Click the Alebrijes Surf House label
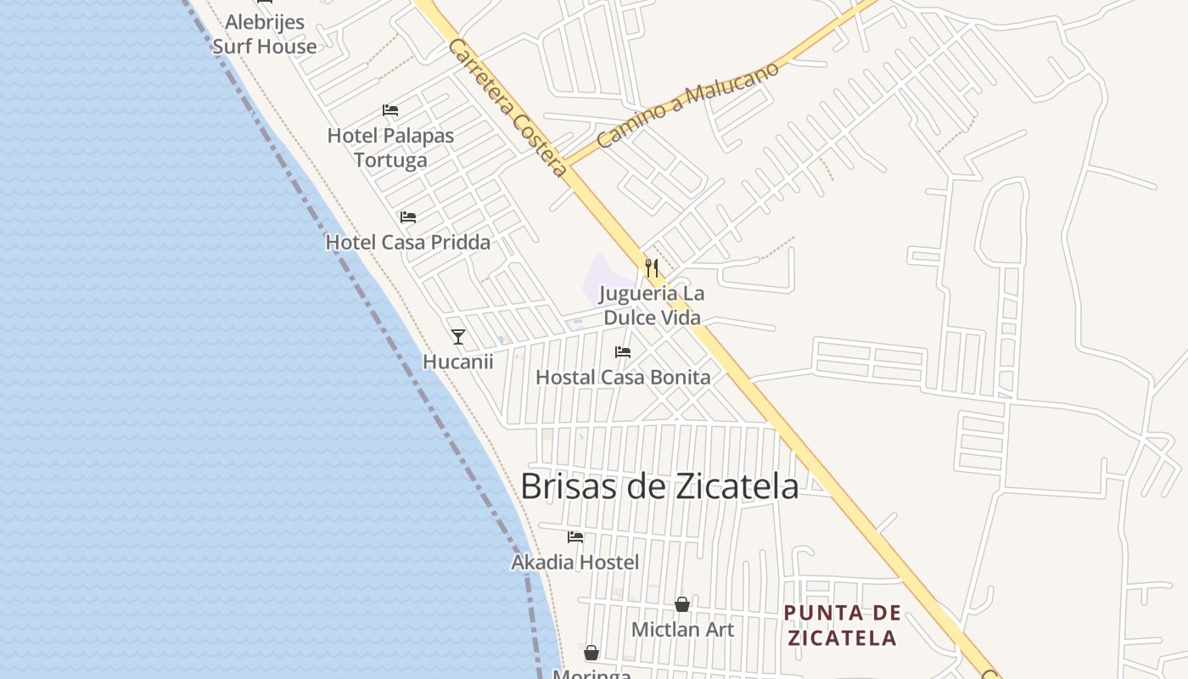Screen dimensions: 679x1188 pyautogui.click(x=264, y=35)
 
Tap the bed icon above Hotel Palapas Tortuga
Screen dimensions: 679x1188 pyautogui.click(x=390, y=110)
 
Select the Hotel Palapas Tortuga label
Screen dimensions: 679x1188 pyautogui.click(x=390, y=148)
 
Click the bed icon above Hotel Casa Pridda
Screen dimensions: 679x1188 pyautogui.click(x=408, y=217)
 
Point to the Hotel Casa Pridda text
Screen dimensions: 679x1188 pyautogui.click(x=408, y=243)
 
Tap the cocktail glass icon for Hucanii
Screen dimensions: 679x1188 pyautogui.click(x=458, y=337)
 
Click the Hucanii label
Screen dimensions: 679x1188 pyautogui.click(x=458, y=362)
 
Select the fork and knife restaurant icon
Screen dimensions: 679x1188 pyautogui.click(x=652, y=268)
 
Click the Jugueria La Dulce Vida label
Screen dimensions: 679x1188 pyautogui.click(x=652, y=306)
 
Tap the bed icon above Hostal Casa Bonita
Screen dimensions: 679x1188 pyautogui.click(x=623, y=352)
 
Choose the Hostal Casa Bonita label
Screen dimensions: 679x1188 pyautogui.click(x=623, y=377)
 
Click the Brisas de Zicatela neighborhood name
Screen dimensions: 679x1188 pyautogui.click(x=659, y=486)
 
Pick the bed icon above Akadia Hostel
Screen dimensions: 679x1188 pyautogui.click(x=575, y=537)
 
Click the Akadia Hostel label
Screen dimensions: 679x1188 pyautogui.click(x=575, y=562)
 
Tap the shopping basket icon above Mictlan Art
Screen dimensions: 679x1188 pyautogui.click(x=682, y=604)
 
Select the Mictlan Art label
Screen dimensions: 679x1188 pyautogui.click(x=682, y=630)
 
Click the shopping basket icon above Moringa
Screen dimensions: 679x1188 pyautogui.click(x=591, y=653)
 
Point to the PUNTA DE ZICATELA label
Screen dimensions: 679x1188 pyautogui.click(x=842, y=626)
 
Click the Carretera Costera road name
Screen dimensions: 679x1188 pyautogui.click(x=507, y=108)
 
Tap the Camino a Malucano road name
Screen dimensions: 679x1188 pyautogui.click(x=687, y=105)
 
